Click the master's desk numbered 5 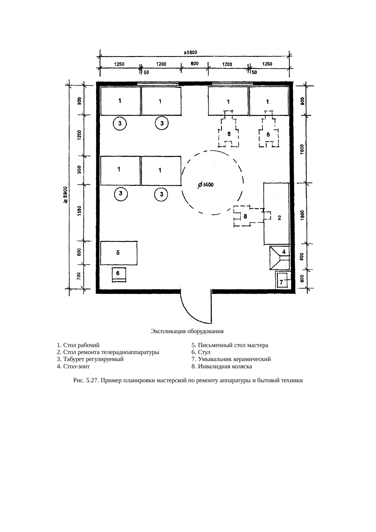pos(119,253)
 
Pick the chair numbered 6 pos(119,275)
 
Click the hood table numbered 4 pos(280,258)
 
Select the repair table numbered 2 pos(276,213)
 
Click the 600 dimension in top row pos(194,64)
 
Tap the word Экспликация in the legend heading pos(168,331)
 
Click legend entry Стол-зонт pos(73,366)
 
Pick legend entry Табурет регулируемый pos(90,360)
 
